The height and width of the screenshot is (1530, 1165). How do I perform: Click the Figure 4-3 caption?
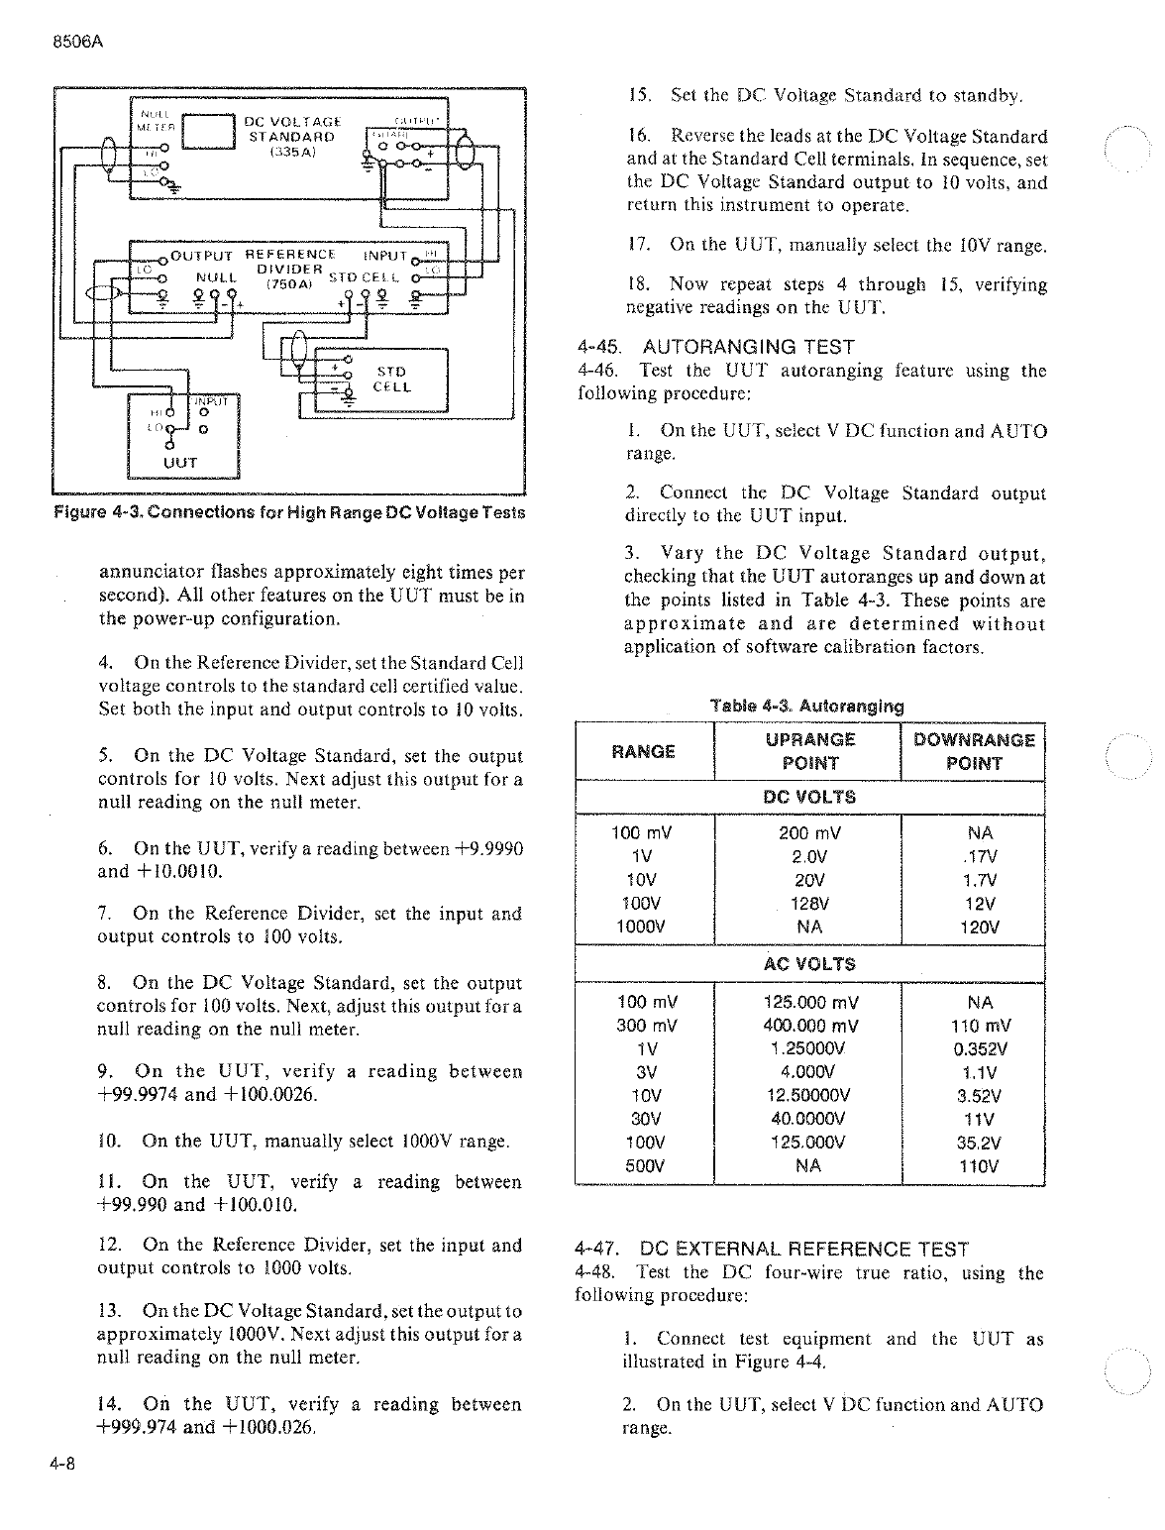click(288, 513)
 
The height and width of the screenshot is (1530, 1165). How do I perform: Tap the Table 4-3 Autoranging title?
click(807, 707)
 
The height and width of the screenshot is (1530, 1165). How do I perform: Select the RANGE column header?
click(644, 751)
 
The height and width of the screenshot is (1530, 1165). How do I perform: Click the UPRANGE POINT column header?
click(809, 751)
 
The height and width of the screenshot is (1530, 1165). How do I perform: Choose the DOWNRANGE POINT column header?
click(974, 751)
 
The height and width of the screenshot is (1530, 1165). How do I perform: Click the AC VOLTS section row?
click(809, 964)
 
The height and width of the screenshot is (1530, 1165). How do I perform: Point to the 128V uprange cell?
click(810, 904)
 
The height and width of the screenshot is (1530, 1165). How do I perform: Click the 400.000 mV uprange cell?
click(810, 1026)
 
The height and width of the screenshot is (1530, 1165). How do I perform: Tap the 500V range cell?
click(645, 1166)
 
